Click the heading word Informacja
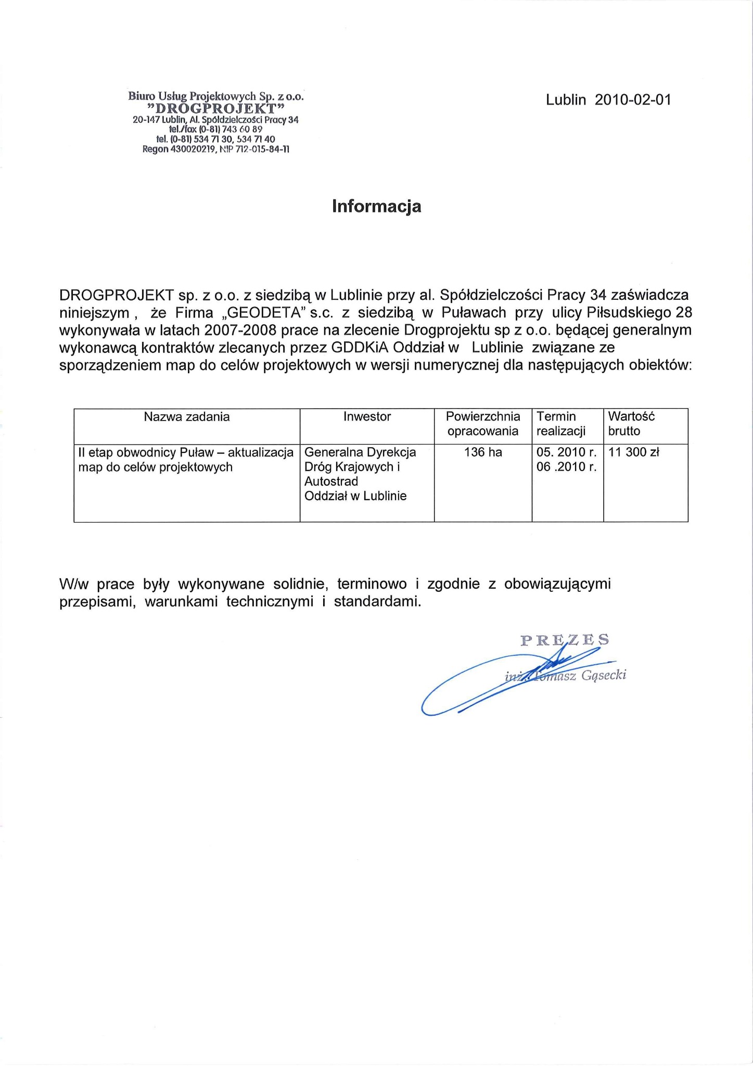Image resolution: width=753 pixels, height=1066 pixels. point(376,207)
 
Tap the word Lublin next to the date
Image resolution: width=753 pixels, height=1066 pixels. point(566,100)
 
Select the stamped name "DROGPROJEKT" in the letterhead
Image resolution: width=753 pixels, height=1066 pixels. point(215,108)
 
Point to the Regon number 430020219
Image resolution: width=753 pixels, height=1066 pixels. point(193,149)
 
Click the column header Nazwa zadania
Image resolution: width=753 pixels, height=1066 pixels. point(186,416)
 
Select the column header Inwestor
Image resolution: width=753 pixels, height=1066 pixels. point(367,416)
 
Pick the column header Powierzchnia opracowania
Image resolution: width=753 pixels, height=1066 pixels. point(483,424)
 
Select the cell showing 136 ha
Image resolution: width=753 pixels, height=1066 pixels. point(483,452)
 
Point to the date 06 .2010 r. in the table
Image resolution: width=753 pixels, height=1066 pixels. point(566,467)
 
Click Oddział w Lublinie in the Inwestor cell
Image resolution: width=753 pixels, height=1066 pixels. point(355,496)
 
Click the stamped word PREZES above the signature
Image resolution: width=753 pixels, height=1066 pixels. point(565,640)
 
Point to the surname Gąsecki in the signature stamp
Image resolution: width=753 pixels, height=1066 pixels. point(605,676)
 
